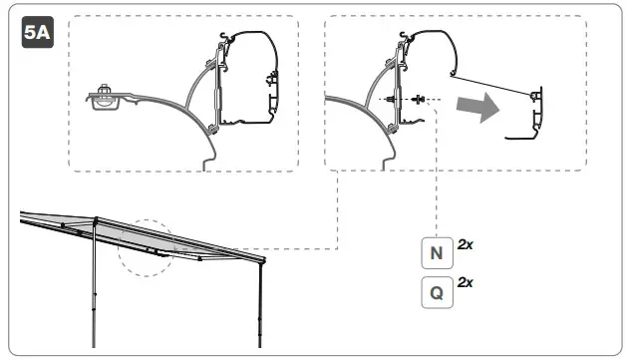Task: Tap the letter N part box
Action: coord(436,253)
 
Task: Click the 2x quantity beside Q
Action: coord(465,283)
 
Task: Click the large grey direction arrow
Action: coord(474,109)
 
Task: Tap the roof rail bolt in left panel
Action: coord(103,98)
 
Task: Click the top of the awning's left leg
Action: coord(96,221)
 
